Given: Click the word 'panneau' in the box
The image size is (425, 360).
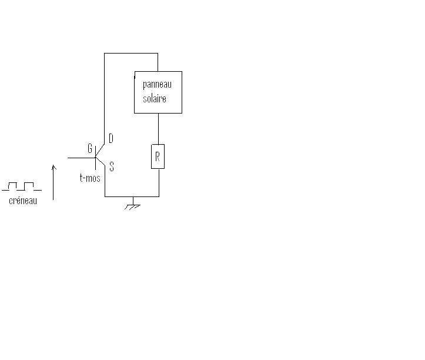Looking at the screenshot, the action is point(157,85).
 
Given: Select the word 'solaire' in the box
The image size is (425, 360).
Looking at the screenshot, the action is point(155,98).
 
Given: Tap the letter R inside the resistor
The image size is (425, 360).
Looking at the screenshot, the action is point(158,157).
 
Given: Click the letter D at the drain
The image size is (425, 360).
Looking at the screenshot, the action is point(111,138).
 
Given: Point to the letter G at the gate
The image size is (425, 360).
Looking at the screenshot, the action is point(90,149).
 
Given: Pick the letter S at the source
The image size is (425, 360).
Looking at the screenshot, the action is point(112,167).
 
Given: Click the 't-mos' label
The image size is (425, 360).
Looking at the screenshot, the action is point(90,178).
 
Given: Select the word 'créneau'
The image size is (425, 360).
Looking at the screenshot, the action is point(24,201).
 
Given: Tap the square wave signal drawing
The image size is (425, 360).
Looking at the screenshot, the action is point(22,186).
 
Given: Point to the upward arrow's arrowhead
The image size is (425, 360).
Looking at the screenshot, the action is point(53,167).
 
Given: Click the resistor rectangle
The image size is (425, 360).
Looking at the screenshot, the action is point(158,156).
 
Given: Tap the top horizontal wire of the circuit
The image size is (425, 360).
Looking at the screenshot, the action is point(130,54).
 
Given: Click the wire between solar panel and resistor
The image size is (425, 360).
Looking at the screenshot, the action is point(158,128).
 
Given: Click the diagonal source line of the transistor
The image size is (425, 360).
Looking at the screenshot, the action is point(101,164).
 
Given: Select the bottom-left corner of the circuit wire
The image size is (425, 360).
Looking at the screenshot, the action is point(105,196).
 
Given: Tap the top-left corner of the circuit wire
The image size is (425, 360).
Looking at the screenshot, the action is point(105,54).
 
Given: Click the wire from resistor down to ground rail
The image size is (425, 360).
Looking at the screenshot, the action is point(159,182).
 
